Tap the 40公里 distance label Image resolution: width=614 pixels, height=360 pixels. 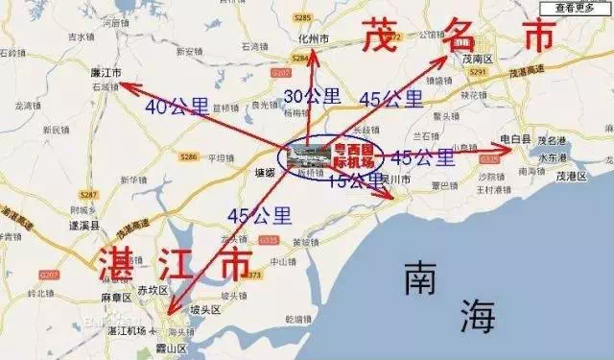177,107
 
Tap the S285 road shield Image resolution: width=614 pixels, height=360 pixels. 304,17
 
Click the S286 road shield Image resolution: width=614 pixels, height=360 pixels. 188,156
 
